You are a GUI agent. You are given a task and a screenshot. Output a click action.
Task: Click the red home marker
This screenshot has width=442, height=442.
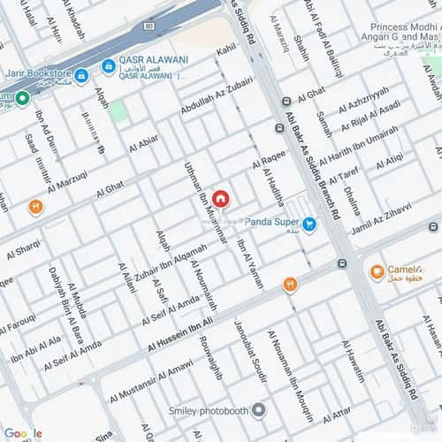click(x=219, y=199)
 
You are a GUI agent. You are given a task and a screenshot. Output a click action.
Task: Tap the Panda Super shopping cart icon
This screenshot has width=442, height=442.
click(x=309, y=225)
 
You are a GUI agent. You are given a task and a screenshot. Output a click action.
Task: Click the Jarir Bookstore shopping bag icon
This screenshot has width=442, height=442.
click(x=80, y=76)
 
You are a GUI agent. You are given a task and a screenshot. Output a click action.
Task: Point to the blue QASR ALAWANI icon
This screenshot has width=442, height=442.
click(x=107, y=67)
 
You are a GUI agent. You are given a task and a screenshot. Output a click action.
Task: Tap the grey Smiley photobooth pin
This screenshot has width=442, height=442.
click(x=257, y=411)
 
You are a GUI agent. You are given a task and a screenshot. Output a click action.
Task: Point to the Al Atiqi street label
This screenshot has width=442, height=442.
click(x=389, y=162)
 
